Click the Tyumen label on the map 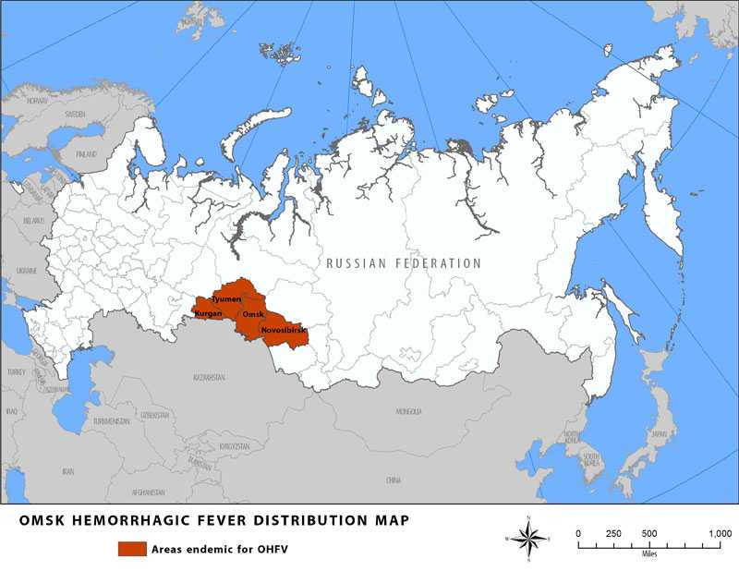[226, 299]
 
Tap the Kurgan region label [208, 314]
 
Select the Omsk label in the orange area [253, 314]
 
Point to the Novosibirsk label [284, 329]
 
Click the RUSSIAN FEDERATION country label [404, 263]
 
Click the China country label [394, 480]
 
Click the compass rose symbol [527, 536]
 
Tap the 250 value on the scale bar [613, 533]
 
